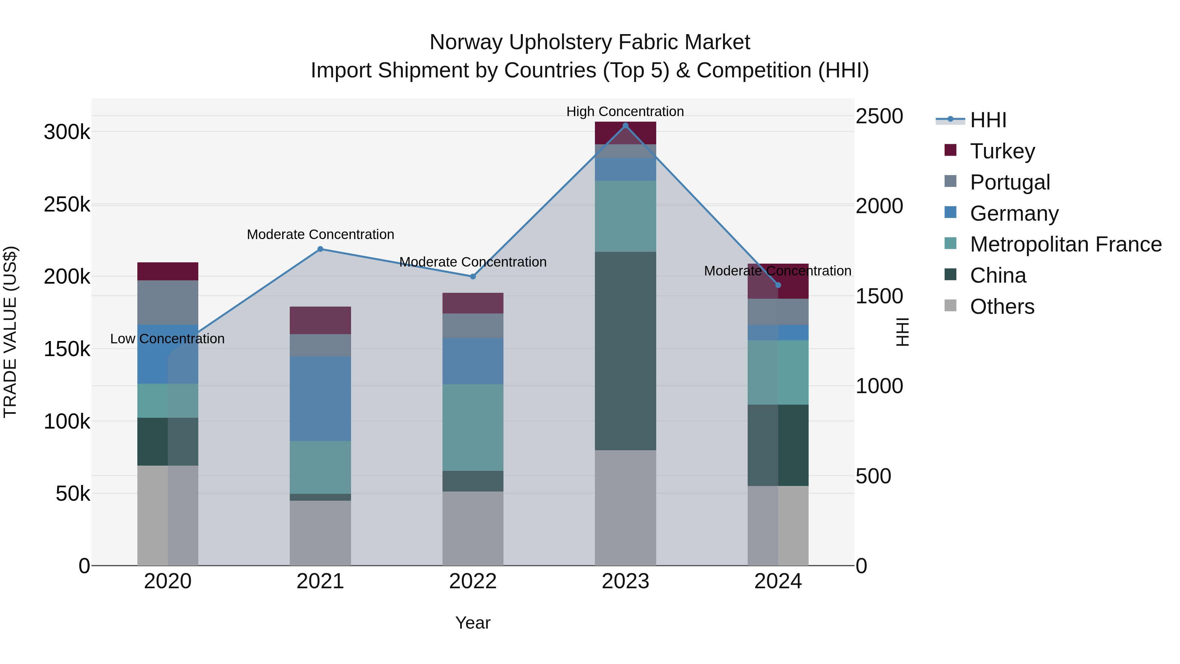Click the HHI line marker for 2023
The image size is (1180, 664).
click(x=625, y=126)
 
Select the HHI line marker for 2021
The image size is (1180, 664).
click(x=320, y=249)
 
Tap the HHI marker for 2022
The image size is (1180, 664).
click(x=473, y=276)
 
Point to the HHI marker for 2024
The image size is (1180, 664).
click(x=778, y=285)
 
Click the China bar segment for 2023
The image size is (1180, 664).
click(x=625, y=351)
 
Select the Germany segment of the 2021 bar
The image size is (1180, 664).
click(x=320, y=399)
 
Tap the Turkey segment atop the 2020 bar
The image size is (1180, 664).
click(x=167, y=271)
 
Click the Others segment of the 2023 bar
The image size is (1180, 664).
click(x=625, y=507)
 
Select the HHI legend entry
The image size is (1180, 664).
click(x=988, y=120)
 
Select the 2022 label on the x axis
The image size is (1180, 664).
click(x=473, y=581)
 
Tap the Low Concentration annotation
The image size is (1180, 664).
click(x=167, y=339)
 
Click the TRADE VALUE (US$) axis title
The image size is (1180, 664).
click(x=10, y=332)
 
